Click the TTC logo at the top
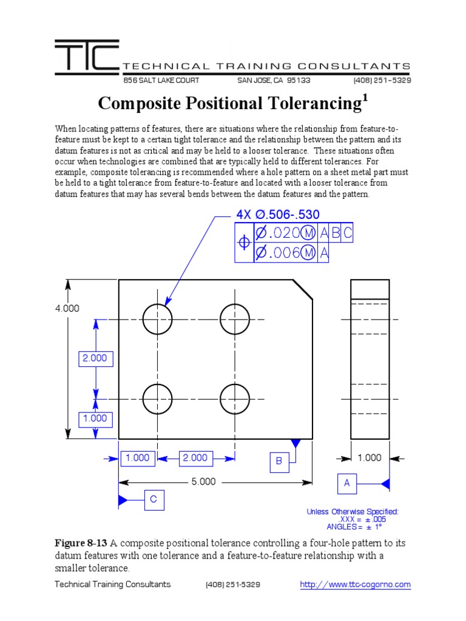86,58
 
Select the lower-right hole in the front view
235,399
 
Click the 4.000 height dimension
67,308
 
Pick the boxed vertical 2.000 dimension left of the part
95,358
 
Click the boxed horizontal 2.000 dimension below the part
195,458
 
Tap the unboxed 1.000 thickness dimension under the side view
370,458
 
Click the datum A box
347,483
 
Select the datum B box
279,462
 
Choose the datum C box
154,500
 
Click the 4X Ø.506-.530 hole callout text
277,214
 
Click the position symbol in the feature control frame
244,243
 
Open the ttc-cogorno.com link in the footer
356,585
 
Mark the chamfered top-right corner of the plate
303,289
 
